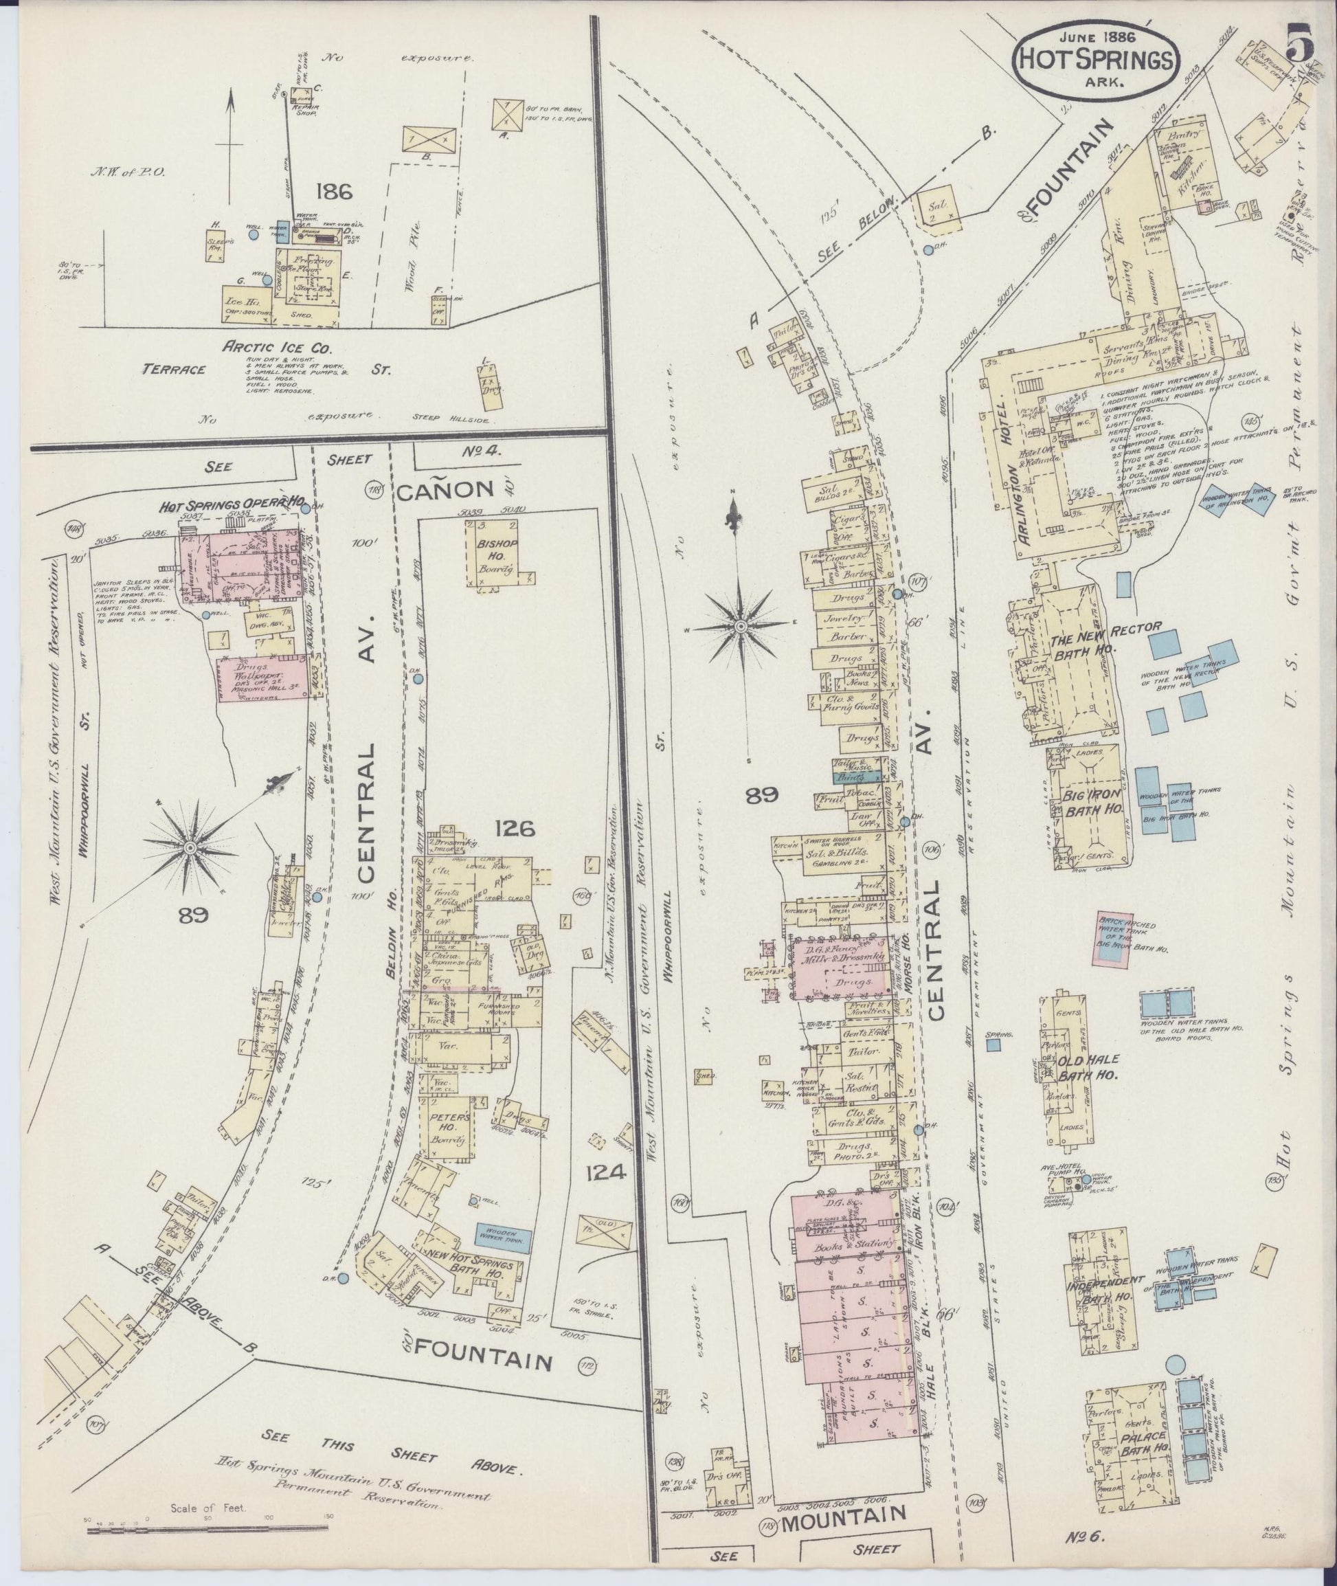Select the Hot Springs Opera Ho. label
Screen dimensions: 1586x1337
231,502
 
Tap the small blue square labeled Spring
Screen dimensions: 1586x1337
993,1045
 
